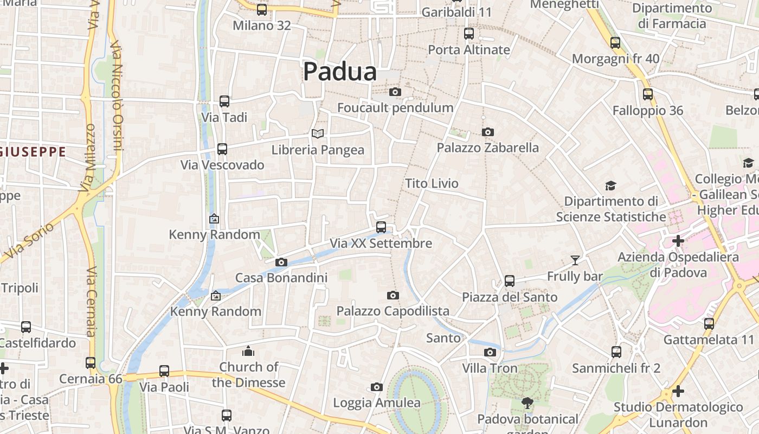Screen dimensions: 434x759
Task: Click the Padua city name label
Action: pos(339,72)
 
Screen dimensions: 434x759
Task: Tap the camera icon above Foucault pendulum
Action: pos(395,92)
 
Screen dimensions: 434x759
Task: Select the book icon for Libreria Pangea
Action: pos(317,133)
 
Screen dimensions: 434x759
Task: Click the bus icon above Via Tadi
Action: pos(224,101)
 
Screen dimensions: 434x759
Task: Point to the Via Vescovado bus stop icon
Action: pos(222,149)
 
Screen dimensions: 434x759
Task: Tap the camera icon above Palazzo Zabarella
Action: pos(488,132)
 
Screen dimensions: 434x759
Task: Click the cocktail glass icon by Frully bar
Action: pos(575,260)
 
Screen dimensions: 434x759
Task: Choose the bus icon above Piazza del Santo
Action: pos(510,280)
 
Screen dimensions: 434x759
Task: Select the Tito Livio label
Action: pos(432,183)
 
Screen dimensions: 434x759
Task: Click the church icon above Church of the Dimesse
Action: pos(248,351)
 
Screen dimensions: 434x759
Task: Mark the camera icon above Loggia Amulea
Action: pos(377,387)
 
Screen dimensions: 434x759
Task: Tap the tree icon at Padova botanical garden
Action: pos(527,403)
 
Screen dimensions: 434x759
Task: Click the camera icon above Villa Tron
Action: pos(490,352)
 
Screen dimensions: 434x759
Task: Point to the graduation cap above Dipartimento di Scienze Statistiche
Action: pos(611,186)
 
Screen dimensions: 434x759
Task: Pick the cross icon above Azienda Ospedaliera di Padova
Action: pos(678,240)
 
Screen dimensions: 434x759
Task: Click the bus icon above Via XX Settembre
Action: pos(381,227)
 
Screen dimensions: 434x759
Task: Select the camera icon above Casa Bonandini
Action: pos(281,262)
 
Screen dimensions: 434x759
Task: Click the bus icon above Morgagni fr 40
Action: pos(615,42)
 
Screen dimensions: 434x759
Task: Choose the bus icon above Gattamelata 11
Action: pos(709,324)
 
